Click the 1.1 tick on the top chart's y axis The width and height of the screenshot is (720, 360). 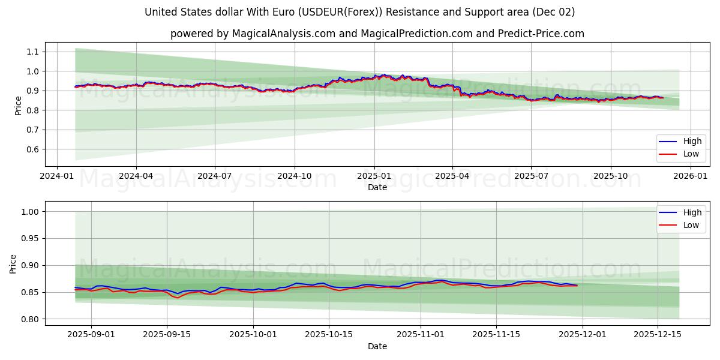pyautogui.click(x=32, y=52)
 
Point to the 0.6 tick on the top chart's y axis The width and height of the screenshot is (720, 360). pyautogui.click(x=32, y=149)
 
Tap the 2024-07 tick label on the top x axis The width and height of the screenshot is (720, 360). pyautogui.click(x=215, y=176)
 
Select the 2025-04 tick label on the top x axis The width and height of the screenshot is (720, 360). pyautogui.click(x=452, y=176)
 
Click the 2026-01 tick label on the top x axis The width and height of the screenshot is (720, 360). pyautogui.click(x=690, y=176)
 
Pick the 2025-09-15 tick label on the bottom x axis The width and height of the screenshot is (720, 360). pyautogui.click(x=166, y=335)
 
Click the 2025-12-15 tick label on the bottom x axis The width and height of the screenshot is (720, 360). pyautogui.click(x=658, y=335)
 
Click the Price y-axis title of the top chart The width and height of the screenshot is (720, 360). pyautogui.click(x=18, y=105)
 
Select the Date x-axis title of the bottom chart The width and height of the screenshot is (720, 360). pyautogui.click(x=377, y=346)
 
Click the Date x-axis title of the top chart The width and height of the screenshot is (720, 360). pyautogui.click(x=377, y=187)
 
